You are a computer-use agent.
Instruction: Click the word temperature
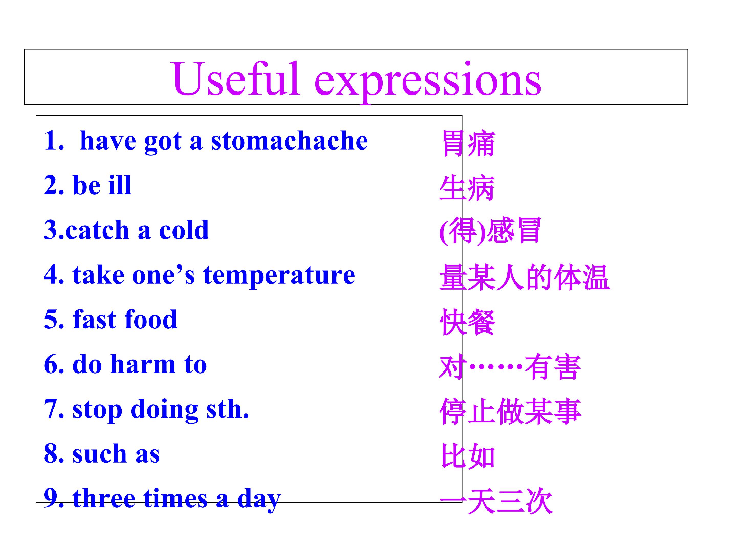[x=279, y=276]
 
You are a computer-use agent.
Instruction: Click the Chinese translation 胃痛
[x=468, y=144]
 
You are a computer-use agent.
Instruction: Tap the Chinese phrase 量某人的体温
[x=525, y=277]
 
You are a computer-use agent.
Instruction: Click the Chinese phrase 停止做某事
[x=511, y=412]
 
